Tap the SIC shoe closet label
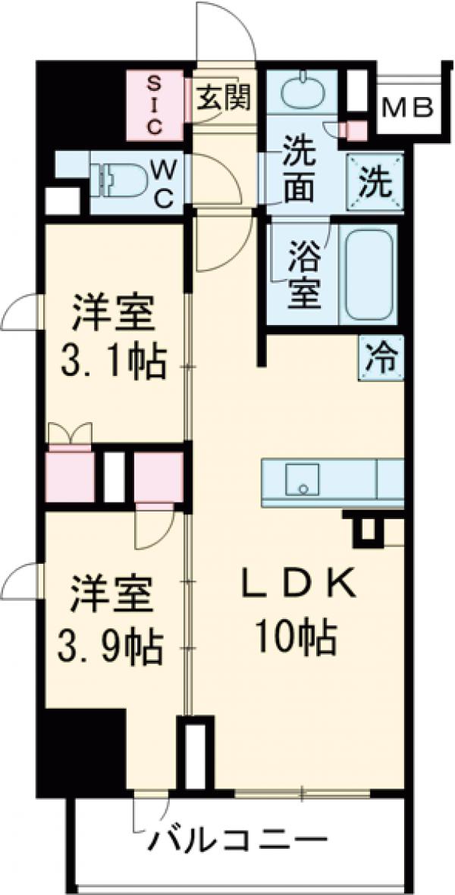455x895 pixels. coord(155,104)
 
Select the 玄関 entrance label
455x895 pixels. coord(224,97)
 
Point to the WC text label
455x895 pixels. coord(166,184)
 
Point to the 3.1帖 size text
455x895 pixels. coord(113,362)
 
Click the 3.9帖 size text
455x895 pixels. coord(111,644)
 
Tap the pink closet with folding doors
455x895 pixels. coord(70,476)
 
